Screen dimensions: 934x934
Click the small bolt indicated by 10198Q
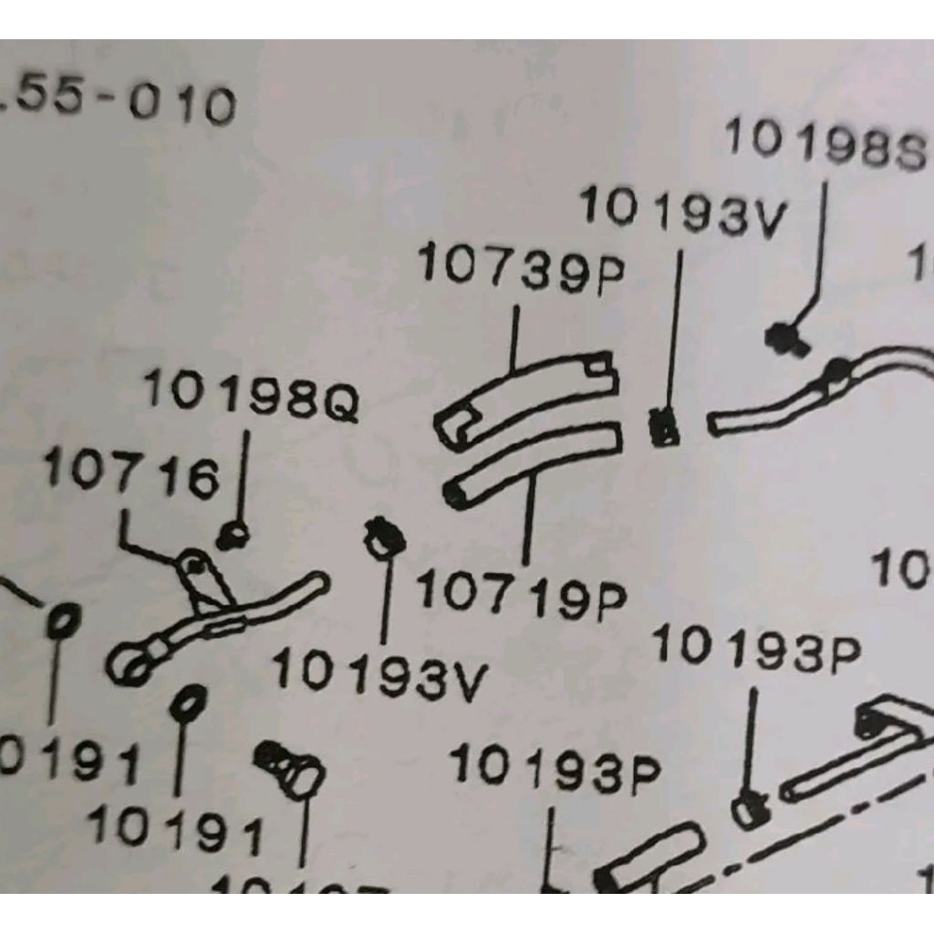233,536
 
